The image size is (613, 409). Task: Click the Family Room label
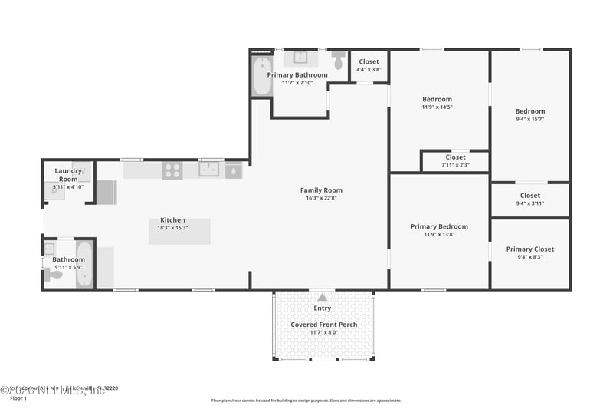tap(321, 190)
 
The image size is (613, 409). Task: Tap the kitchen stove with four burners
tap(172, 170)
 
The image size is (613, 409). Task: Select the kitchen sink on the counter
tap(209, 170)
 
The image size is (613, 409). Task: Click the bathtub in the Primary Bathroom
tap(261, 76)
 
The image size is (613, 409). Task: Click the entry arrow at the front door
tap(322, 297)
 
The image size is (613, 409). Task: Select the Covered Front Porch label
tap(323, 325)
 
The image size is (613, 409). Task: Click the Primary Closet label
tap(529, 249)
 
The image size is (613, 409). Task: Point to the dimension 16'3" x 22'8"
tap(321, 198)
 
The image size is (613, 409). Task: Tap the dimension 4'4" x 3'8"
tap(369, 69)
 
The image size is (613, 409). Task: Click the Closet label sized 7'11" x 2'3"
tap(455, 157)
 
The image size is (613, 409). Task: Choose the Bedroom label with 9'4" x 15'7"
tap(529, 111)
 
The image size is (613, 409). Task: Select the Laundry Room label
tap(68, 174)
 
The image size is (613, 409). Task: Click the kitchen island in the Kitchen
tap(180, 231)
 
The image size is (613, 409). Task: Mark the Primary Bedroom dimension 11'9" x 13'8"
tap(439, 235)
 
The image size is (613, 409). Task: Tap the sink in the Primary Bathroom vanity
tap(300, 57)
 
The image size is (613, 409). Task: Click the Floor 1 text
tap(18, 398)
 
